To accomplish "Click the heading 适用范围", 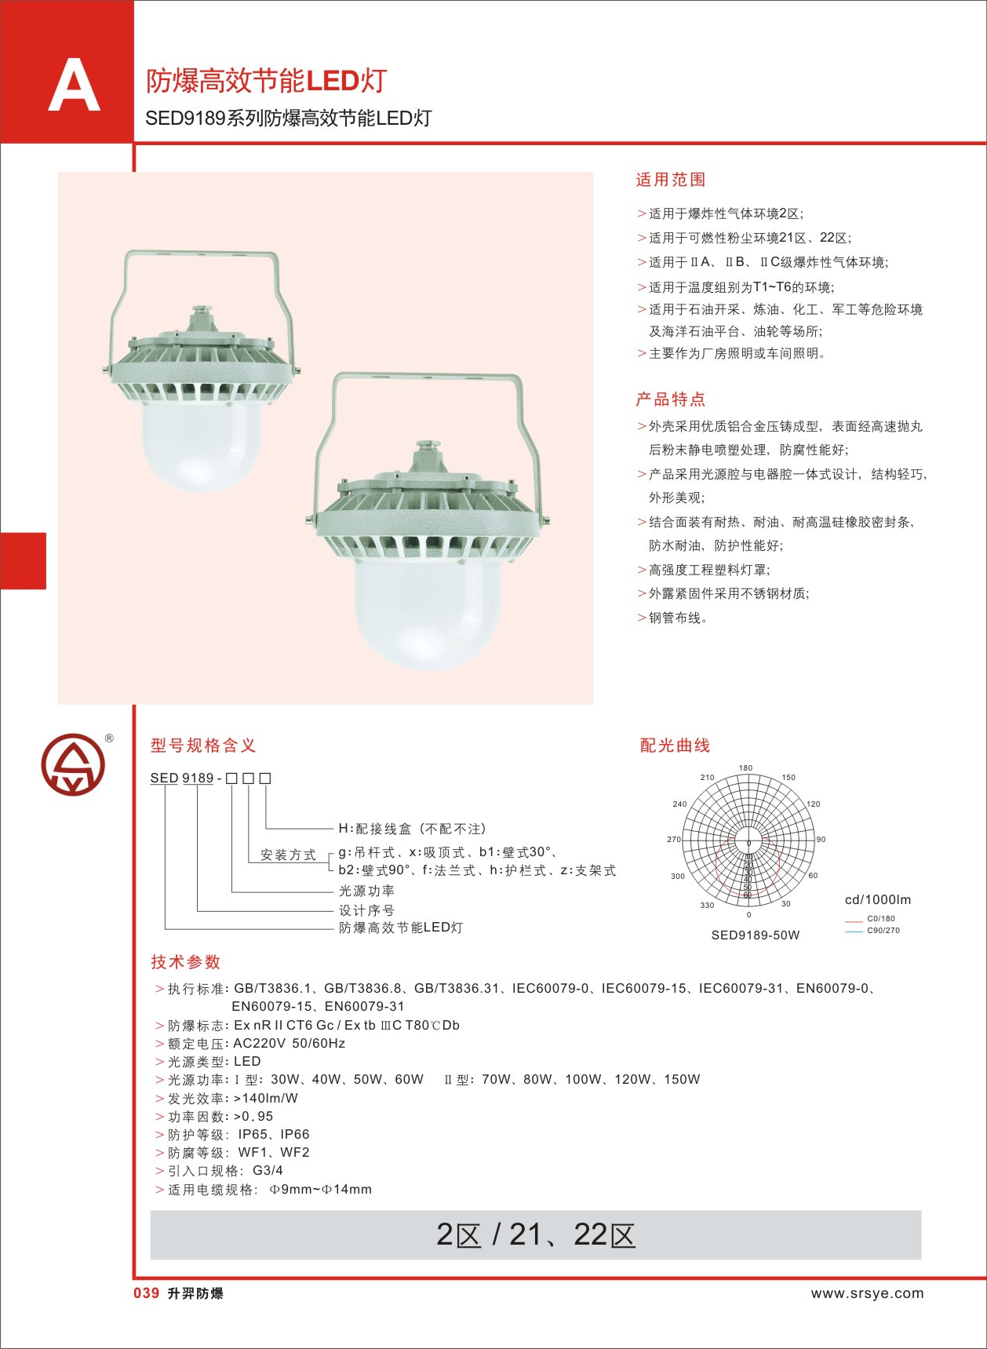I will [x=670, y=180].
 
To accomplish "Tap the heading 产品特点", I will [x=670, y=399].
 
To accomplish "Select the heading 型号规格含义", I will [x=203, y=746].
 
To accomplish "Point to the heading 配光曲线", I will [x=675, y=746].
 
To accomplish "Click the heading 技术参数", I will [x=186, y=962].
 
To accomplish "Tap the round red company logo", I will [x=73, y=765].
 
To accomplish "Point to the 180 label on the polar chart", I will [x=745, y=768].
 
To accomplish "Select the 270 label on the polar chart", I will [x=674, y=839].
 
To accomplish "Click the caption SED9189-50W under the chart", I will [x=755, y=935].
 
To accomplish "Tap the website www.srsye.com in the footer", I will [x=867, y=1293].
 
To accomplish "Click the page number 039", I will [x=147, y=1293].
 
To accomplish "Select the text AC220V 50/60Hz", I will [x=289, y=1043].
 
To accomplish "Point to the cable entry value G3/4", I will [x=268, y=1170].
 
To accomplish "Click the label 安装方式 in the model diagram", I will [x=288, y=855].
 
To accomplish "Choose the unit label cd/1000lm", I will [x=877, y=900].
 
